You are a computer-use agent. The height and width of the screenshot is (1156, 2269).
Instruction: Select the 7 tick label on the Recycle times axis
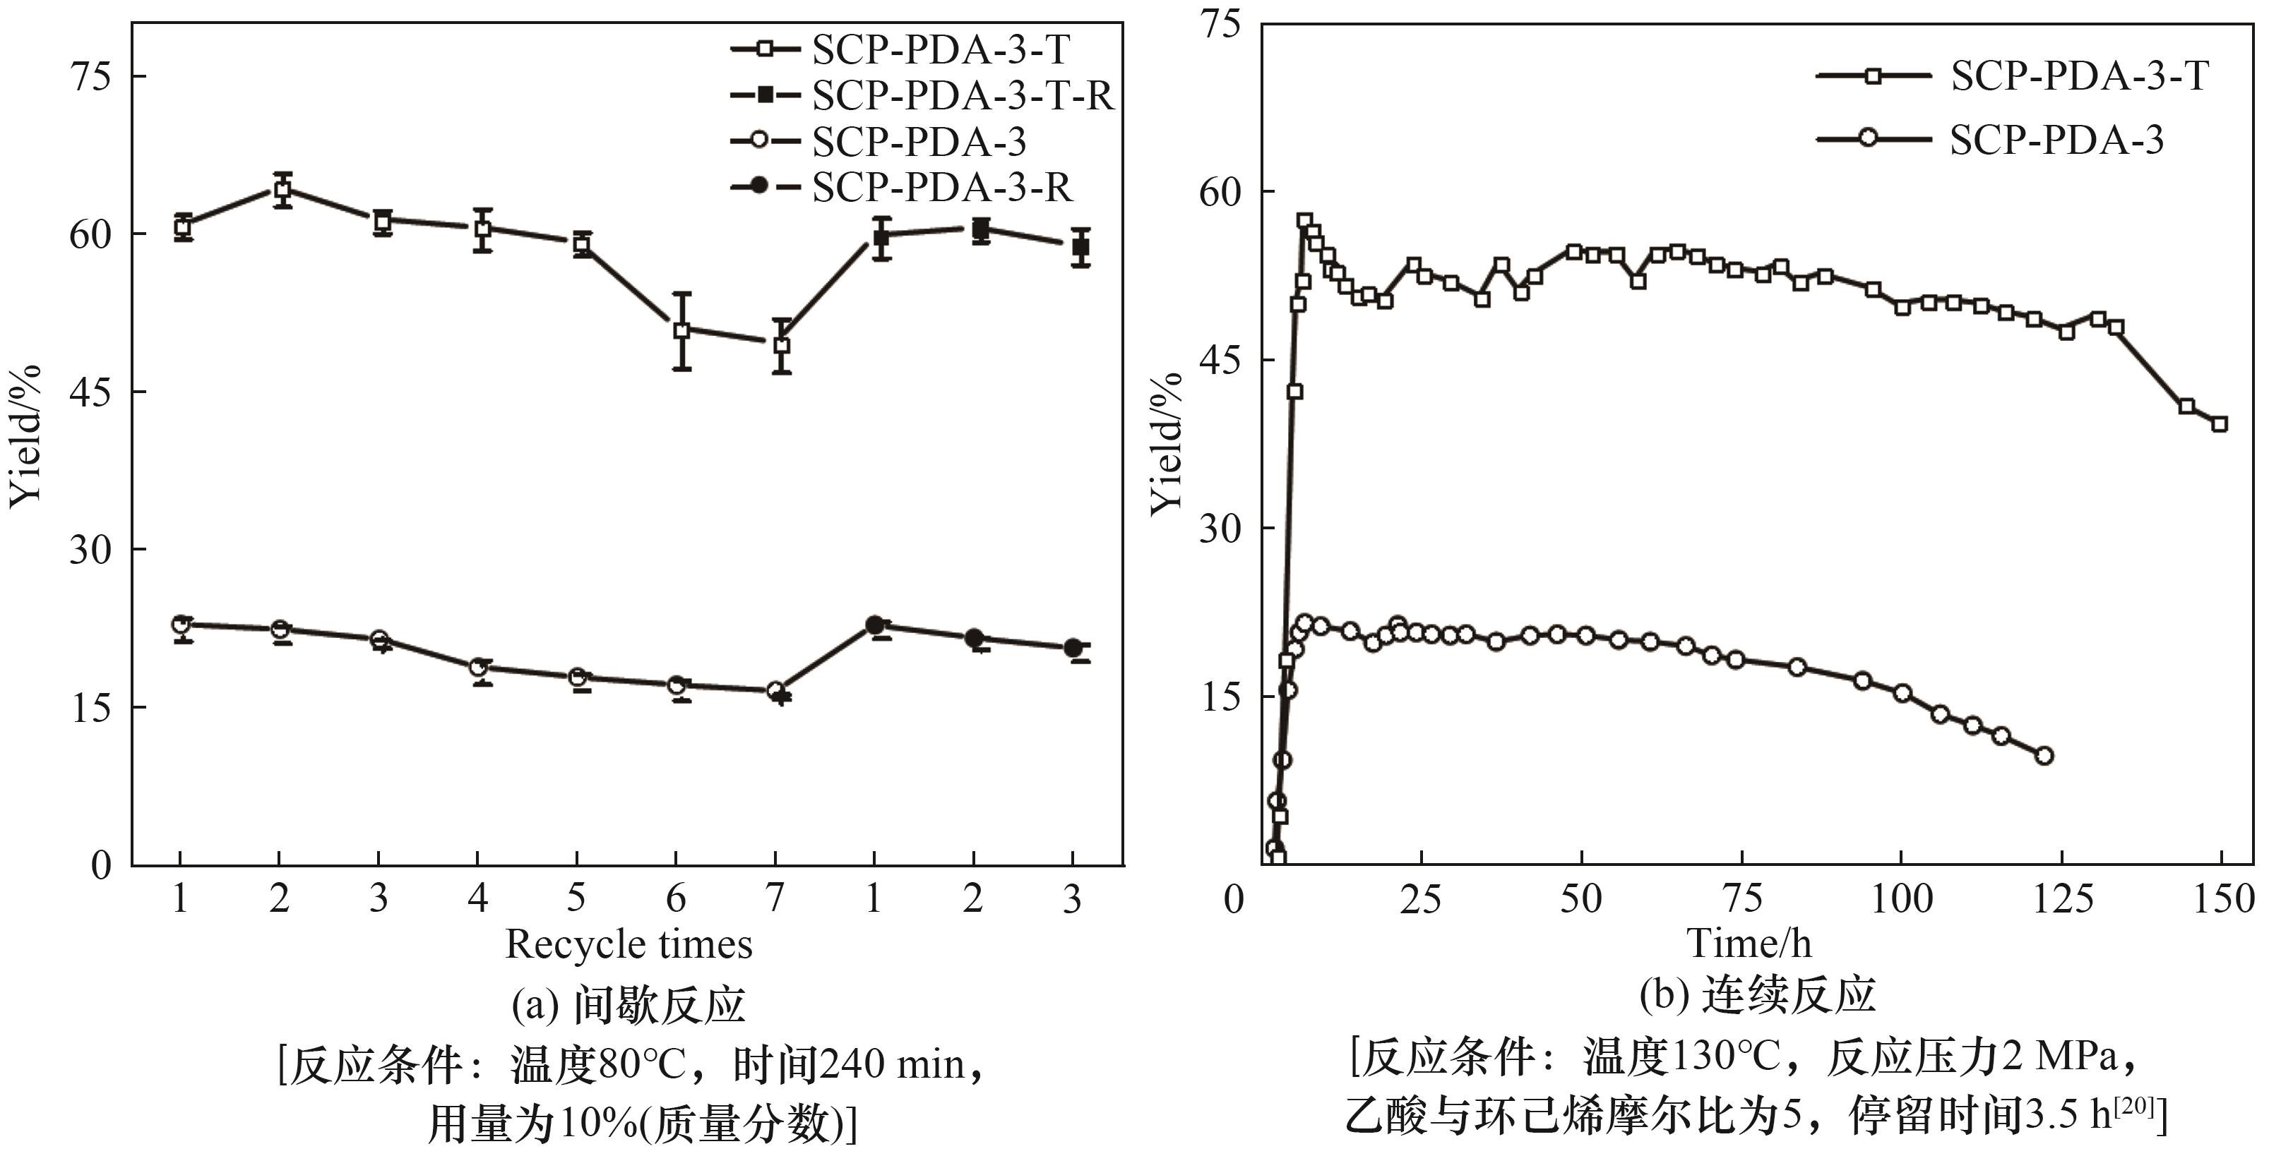(x=774, y=899)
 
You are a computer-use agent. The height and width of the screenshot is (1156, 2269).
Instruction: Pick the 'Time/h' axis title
(x=1749, y=944)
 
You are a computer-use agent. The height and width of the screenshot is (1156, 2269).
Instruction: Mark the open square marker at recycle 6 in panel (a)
(x=681, y=330)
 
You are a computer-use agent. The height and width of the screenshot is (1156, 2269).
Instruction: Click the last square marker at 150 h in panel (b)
(x=2220, y=424)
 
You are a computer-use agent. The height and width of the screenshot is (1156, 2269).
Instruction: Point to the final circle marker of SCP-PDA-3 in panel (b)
(x=2044, y=755)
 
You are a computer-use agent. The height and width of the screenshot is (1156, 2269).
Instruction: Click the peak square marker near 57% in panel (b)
(x=1304, y=221)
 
